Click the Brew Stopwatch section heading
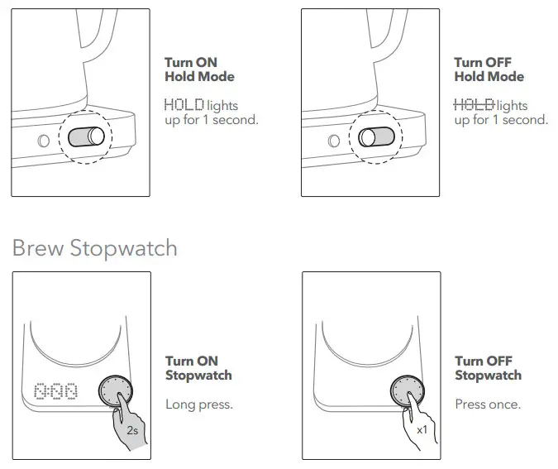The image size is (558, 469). click(x=95, y=248)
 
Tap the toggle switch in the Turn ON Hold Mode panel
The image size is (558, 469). click(x=86, y=136)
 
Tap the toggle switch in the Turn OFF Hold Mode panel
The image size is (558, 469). click(x=376, y=137)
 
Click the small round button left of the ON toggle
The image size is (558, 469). click(x=44, y=141)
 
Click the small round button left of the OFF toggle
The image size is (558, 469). click(x=333, y=141)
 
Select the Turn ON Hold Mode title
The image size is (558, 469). click(x=199, y=69)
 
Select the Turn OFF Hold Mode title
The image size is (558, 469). click(x=489, y=69)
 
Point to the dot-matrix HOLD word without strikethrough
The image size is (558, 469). click(x=184, y=105)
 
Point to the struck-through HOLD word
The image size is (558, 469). click(x=474, y=105)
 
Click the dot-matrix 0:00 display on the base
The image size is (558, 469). click(x=56, y=391)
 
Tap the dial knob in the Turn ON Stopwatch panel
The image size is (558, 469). click(x=115, y=390)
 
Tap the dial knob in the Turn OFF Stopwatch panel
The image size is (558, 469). click(x=408, y=390)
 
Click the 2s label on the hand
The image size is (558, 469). click(x=132, y=431)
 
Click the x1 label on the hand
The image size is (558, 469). click(x=422, y=430)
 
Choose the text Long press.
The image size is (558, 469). click(x=199, y=404)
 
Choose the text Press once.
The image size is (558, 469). click(x=488, y=404)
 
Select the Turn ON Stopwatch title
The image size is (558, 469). click(x=198, y=368)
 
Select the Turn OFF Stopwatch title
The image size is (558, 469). click(x=488, y=368)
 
